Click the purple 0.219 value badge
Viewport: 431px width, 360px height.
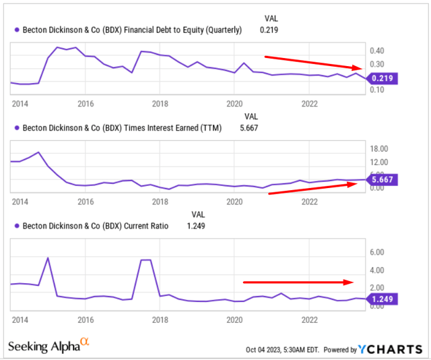point(382,78)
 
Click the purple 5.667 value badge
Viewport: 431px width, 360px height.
point(382,179)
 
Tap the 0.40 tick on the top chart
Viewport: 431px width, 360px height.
point(376,51)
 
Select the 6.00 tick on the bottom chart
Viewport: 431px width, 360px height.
point(376,252)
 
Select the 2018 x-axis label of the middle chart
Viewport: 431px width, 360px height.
point(160,202)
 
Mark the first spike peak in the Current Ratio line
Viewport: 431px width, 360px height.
point(47,258)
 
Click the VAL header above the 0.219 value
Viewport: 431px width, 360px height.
point(269,18)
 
